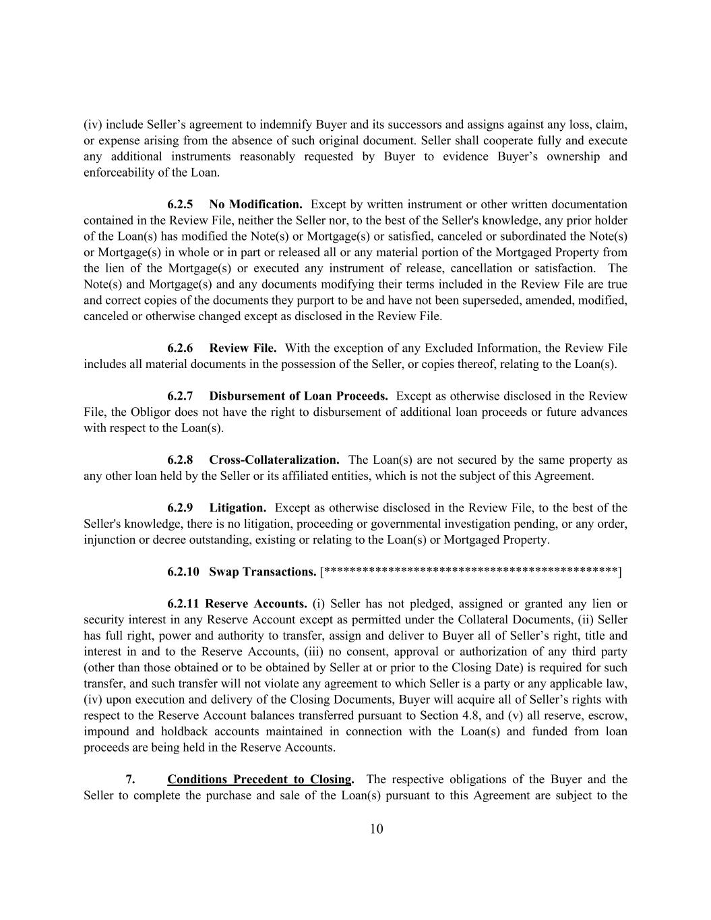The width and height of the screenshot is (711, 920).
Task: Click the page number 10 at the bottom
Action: click(376, 829)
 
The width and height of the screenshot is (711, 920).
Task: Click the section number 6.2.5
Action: click(180, 204)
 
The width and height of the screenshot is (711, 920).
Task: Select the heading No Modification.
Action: click(255, 204)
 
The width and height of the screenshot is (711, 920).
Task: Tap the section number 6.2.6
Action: click(180, 348)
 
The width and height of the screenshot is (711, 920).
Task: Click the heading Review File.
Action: click(243, 348)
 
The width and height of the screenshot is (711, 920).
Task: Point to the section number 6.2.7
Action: click(180, 396)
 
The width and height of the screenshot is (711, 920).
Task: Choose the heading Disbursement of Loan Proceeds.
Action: click(298, 396)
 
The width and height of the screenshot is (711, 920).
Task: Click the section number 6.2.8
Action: click(180, 460)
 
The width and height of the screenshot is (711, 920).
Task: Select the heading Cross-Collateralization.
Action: click(274, 460)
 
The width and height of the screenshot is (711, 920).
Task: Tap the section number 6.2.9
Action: click(180, 508)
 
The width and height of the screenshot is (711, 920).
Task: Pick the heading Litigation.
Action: click(237, 508)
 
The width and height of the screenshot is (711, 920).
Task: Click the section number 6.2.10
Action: click(183, 572)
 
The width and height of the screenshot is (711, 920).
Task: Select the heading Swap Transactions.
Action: click(262, 572)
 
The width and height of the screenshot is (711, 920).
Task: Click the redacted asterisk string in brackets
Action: click(470, 572)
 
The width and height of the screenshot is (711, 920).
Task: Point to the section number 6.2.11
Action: click(183, 604)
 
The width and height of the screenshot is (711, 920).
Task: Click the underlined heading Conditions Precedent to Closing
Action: click(259, 780)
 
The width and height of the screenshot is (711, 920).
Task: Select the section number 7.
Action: click(130, 780)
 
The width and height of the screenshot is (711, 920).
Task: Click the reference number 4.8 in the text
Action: click(483, 716)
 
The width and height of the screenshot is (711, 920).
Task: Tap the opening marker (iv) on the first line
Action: click(93, 125)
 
